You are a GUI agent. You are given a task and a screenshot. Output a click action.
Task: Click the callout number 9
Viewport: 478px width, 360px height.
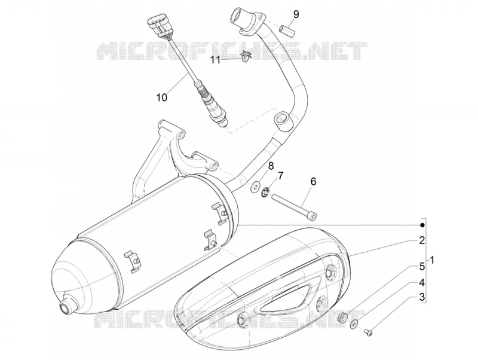coord(296,14)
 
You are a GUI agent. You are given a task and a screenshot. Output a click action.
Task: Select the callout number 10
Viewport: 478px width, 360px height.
coord(162,97)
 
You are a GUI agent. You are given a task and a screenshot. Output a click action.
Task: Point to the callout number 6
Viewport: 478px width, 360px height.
coord(313,181)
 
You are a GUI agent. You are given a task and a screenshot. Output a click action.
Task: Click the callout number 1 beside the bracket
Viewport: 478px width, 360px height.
coord(432,260)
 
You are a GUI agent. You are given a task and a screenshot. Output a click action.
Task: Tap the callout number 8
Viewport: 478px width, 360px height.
coord(271,166)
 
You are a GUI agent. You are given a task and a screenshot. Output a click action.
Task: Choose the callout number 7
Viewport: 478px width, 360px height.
coord(280,175)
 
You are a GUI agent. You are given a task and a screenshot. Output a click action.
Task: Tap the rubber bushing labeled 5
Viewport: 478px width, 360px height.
coord(342,318)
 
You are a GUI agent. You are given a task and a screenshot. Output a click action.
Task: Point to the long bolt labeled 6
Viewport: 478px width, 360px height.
coord(295,206)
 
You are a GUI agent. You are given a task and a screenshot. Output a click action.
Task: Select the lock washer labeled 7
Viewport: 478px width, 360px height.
coord(265,193)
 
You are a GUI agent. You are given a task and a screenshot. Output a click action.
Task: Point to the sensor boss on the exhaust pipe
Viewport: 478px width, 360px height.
coord(283,120)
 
